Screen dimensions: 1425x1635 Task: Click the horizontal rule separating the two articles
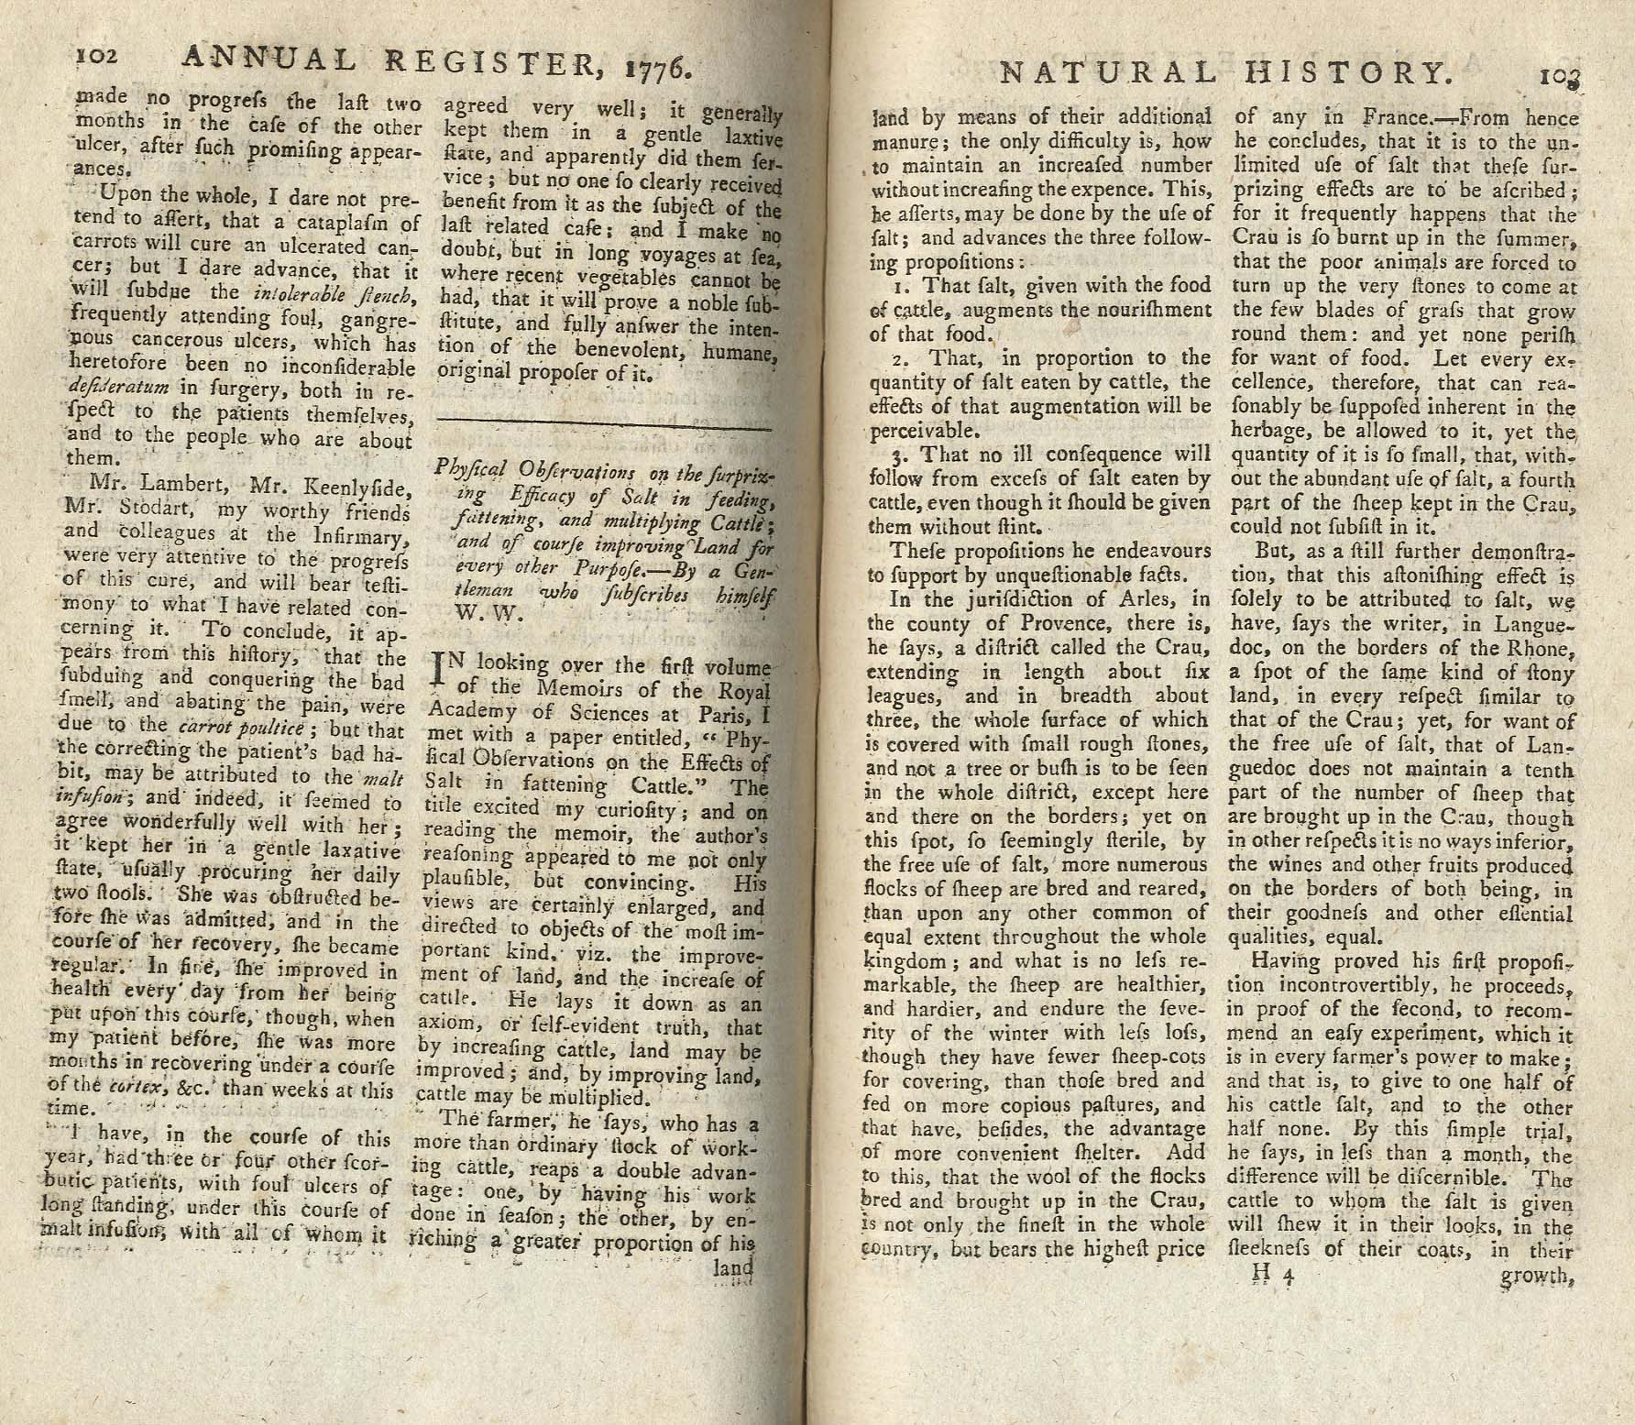tap(604, 424)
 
